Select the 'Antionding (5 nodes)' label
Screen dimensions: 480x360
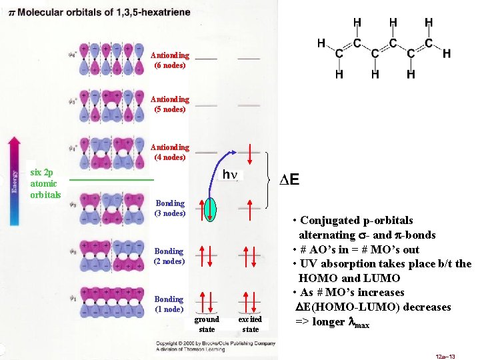click(169, 104)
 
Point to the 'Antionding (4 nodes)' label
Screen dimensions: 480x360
click(169, 152)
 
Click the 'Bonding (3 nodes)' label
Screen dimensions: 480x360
click(169, 208)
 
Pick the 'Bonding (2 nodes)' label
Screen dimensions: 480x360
click(169, 256)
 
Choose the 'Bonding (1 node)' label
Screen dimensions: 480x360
click(169, 304)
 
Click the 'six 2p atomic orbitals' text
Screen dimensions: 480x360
click(45, 183)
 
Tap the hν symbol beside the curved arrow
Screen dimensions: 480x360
click(229, 175)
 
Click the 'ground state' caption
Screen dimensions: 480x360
click(207, 325)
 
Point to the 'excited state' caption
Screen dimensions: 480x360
click(250, 325)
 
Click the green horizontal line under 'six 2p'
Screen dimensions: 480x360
click(111, 180)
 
